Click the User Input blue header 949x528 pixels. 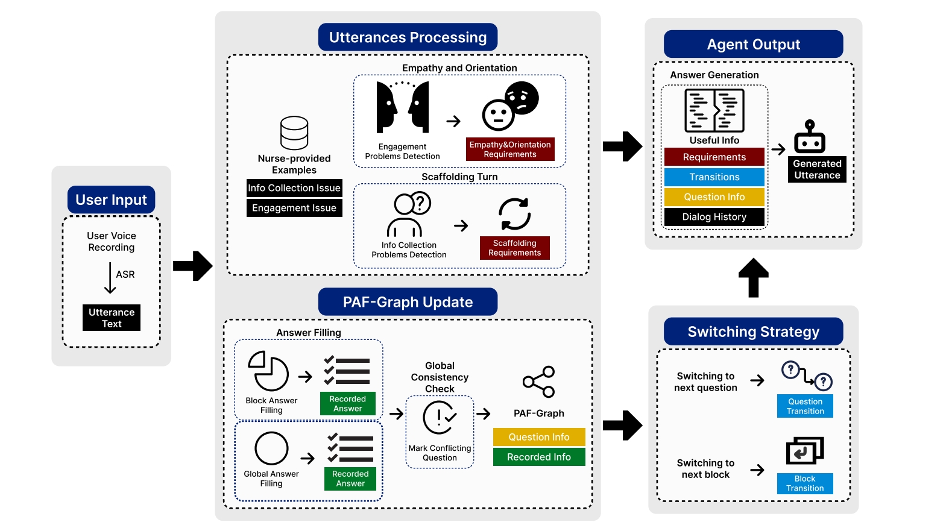111,200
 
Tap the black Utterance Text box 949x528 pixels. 112,318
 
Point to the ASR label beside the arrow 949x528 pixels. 125,274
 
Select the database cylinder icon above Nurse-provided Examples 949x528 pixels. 294,133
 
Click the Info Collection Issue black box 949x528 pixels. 294,188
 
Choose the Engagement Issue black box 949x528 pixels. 294,208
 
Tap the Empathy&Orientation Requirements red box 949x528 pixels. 510,149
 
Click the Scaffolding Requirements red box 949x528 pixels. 514,248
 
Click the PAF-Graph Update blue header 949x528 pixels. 408,302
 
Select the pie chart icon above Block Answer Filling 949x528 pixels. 268,371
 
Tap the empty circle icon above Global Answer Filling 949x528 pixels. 271,448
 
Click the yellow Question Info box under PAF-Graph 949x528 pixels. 538,437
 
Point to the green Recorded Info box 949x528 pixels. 538,457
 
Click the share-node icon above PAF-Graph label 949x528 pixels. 539,382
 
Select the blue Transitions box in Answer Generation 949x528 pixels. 714,177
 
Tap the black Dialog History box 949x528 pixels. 714,217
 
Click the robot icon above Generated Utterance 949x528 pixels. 810,137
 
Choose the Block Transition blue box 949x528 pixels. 805,483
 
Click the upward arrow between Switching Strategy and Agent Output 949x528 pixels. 753,278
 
